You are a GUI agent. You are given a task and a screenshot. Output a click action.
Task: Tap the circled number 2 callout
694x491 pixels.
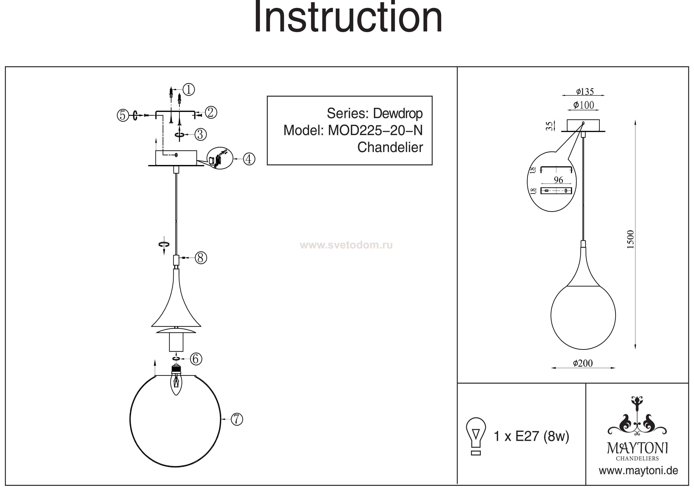tap(211, 112)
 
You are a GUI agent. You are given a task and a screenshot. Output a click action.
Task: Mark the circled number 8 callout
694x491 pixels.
tap(201, 258)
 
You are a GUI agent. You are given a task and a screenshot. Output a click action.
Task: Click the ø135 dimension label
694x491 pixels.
tap(585, 91)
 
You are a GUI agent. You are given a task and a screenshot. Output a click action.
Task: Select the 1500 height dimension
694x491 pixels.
tap(630, 239)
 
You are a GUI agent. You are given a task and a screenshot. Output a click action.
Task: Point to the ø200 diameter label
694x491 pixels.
tap(583, 363)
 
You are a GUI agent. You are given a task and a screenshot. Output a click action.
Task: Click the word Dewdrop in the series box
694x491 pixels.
tap(398, 113)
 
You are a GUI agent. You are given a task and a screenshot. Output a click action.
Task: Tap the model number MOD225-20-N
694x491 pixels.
tap(375, 130)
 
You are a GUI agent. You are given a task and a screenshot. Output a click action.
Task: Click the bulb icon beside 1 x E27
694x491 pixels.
tap(476, 436)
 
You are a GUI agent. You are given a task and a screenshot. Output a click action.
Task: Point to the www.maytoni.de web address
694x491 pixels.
tap(638, 471)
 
